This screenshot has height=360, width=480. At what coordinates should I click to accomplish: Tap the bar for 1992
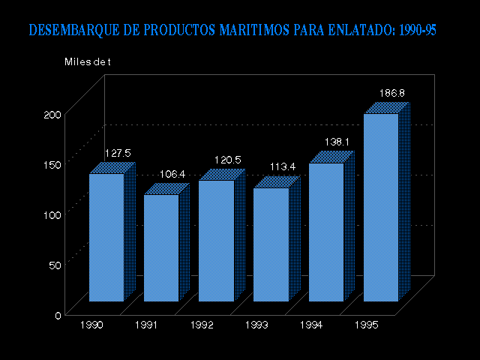tap(216, 241)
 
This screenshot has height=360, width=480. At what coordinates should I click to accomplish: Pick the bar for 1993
tap(271, 244)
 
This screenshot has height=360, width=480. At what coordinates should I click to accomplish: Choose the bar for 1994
tap(326, 232)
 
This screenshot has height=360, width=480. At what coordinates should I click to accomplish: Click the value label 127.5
tap(117, 153)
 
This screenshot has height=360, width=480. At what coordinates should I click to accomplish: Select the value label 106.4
tap(172, 175)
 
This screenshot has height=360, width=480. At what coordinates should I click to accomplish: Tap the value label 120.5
tap(227, 160)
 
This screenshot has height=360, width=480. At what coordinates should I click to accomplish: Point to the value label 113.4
tap(282, 166)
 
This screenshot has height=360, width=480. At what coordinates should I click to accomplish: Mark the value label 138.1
tap(337, 142)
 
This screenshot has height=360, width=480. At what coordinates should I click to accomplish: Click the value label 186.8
tap(392, 93)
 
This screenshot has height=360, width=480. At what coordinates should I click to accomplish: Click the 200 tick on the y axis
tap(52, 114)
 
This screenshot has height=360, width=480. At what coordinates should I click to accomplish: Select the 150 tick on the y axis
tap(52, 164)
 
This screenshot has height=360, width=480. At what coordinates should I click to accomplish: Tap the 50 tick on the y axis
tap(55, 265)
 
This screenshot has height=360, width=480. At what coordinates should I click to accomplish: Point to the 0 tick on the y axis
tap(58, 315)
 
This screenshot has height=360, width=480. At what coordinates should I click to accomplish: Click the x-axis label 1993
tap(257, 325)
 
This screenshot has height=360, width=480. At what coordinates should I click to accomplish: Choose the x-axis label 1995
tap(367, 325)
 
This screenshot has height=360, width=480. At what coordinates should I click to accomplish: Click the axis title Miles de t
tap(87, 61)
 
